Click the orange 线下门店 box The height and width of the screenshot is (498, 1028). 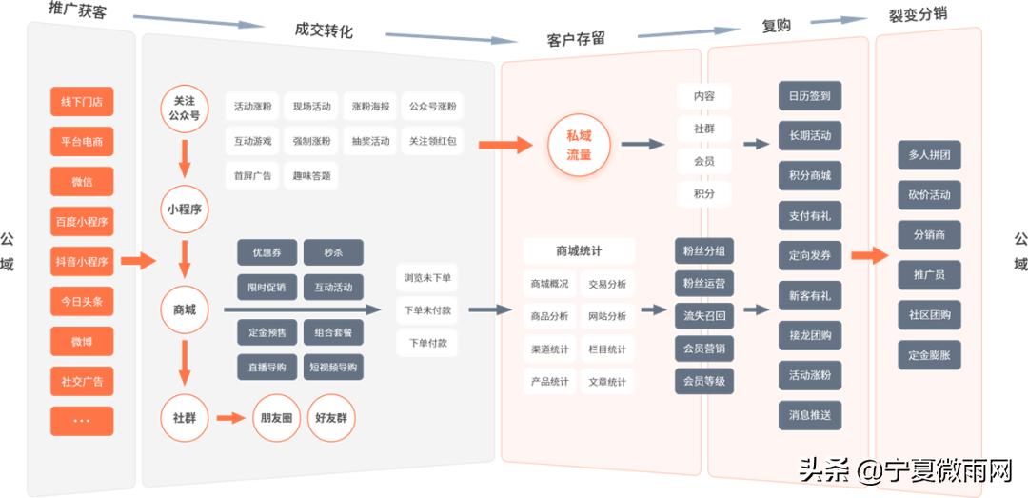tap(82, 102)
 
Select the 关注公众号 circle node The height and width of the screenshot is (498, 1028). tap(184, 109)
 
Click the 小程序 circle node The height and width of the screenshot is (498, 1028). tap(184, 209)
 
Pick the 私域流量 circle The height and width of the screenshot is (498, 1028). tap(579, 146)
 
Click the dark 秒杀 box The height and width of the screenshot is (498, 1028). tap(333, 253)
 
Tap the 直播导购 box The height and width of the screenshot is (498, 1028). tap(267, 367)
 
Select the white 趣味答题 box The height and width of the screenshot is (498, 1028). tap(311, 176)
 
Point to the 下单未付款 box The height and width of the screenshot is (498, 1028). tap(427, 310)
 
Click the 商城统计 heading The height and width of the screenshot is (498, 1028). tap(579, 251)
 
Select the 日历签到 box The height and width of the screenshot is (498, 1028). tap(809, 96)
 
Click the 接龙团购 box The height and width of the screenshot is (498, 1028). tap(809, 335)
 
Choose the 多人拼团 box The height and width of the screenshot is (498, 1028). tap(929, 154)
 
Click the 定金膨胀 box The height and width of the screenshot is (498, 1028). tap(929, 355)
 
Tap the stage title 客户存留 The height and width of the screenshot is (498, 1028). tap(576, 39)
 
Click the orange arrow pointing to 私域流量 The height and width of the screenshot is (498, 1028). tap(505, 146)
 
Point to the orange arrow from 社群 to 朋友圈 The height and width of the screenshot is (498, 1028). tap(231, 418)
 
